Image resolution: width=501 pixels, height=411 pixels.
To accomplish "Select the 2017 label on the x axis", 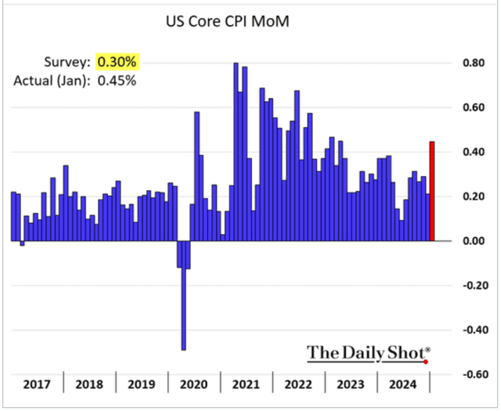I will pyautogui.click(x=37, y=384).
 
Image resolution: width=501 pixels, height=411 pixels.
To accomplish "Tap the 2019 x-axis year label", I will pyautogui.click(x=141, y=384).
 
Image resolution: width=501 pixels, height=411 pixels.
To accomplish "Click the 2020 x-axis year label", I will pyautogui.click(x=193, y=384).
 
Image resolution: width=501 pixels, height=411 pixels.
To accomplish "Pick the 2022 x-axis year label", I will pyautogui.click(x=298, y=384).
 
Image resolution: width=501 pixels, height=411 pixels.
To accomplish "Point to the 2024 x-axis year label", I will pyautogui.click(x=403, y=384).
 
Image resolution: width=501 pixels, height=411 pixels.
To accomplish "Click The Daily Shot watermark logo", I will pyautogui.click(x=368, y=352).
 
